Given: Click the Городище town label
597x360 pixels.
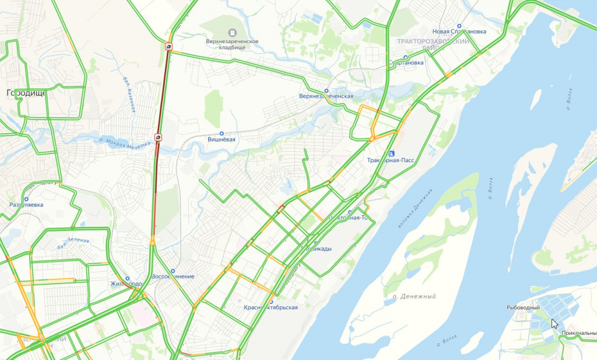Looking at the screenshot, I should pyautogui.click(x=26, y=92).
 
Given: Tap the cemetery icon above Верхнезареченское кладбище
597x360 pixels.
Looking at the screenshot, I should pyautogui.click(x=232, y=33).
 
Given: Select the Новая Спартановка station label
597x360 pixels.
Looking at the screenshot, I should pyautogui.click(x=459, y=32).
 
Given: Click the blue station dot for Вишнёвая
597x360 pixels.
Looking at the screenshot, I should pyautogui.click(x=222, y=133).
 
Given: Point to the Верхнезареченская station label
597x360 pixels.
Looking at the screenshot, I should pyautogui.click(x=326, y=96).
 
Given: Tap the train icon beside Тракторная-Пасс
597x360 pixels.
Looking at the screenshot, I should pyautogui.click(x=391, y=152).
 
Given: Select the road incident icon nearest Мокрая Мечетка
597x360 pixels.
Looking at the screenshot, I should pyautogui.click(x=159, y=137).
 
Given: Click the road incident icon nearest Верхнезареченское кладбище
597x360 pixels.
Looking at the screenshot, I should pyautogui.click(x=168, y=46).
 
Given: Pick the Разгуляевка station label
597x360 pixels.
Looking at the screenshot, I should pyautogui.click(x=27, y=205).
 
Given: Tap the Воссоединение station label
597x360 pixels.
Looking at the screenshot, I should pyautogui.click(x=173, y=276).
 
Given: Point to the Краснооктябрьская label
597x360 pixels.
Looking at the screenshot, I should pyautogui.click(x=271, y=307).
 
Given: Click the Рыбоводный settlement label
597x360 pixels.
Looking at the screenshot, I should pyautogui.click(x=523, y=307).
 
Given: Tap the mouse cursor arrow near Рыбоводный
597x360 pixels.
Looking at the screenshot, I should pyautogui.click(x=554, y=324).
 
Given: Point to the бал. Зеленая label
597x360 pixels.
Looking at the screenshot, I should pyautogui.click(x=73, y=244).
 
